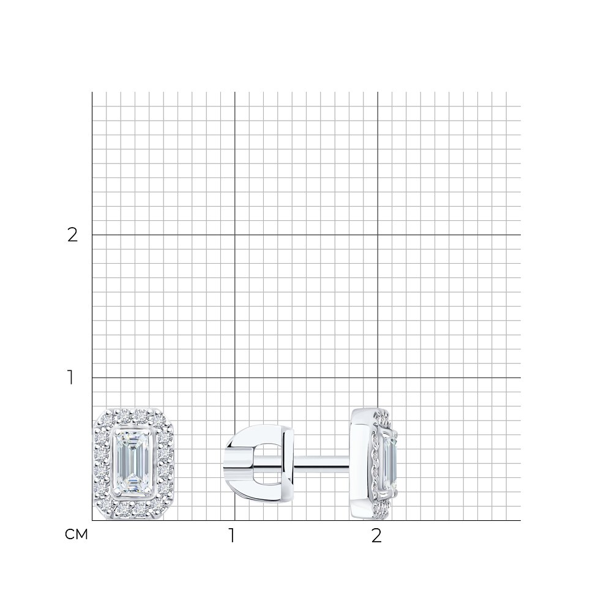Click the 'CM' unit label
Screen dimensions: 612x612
pos(76,534)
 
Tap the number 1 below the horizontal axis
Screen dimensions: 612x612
pos(232,535)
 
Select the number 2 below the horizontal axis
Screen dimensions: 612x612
pos(376,535)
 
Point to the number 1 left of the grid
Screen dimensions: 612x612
pos(70,378)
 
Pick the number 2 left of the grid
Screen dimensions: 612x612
pos(73,234)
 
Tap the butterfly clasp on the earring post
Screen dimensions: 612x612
pos(258,464)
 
